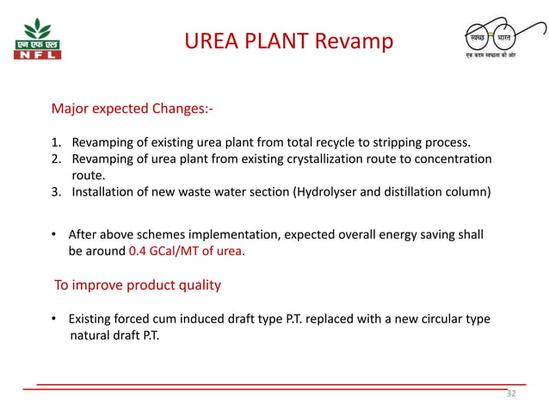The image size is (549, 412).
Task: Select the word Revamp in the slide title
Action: (x=355, y=41)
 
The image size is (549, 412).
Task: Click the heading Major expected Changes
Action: (x=133, y=109)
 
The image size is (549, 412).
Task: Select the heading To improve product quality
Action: (x=138, y=285)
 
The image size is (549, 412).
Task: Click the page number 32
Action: (x=511, y=394)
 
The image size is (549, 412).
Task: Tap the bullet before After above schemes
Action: (x=57, y=235)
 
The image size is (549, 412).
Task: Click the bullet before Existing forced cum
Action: (x=57, y=320)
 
